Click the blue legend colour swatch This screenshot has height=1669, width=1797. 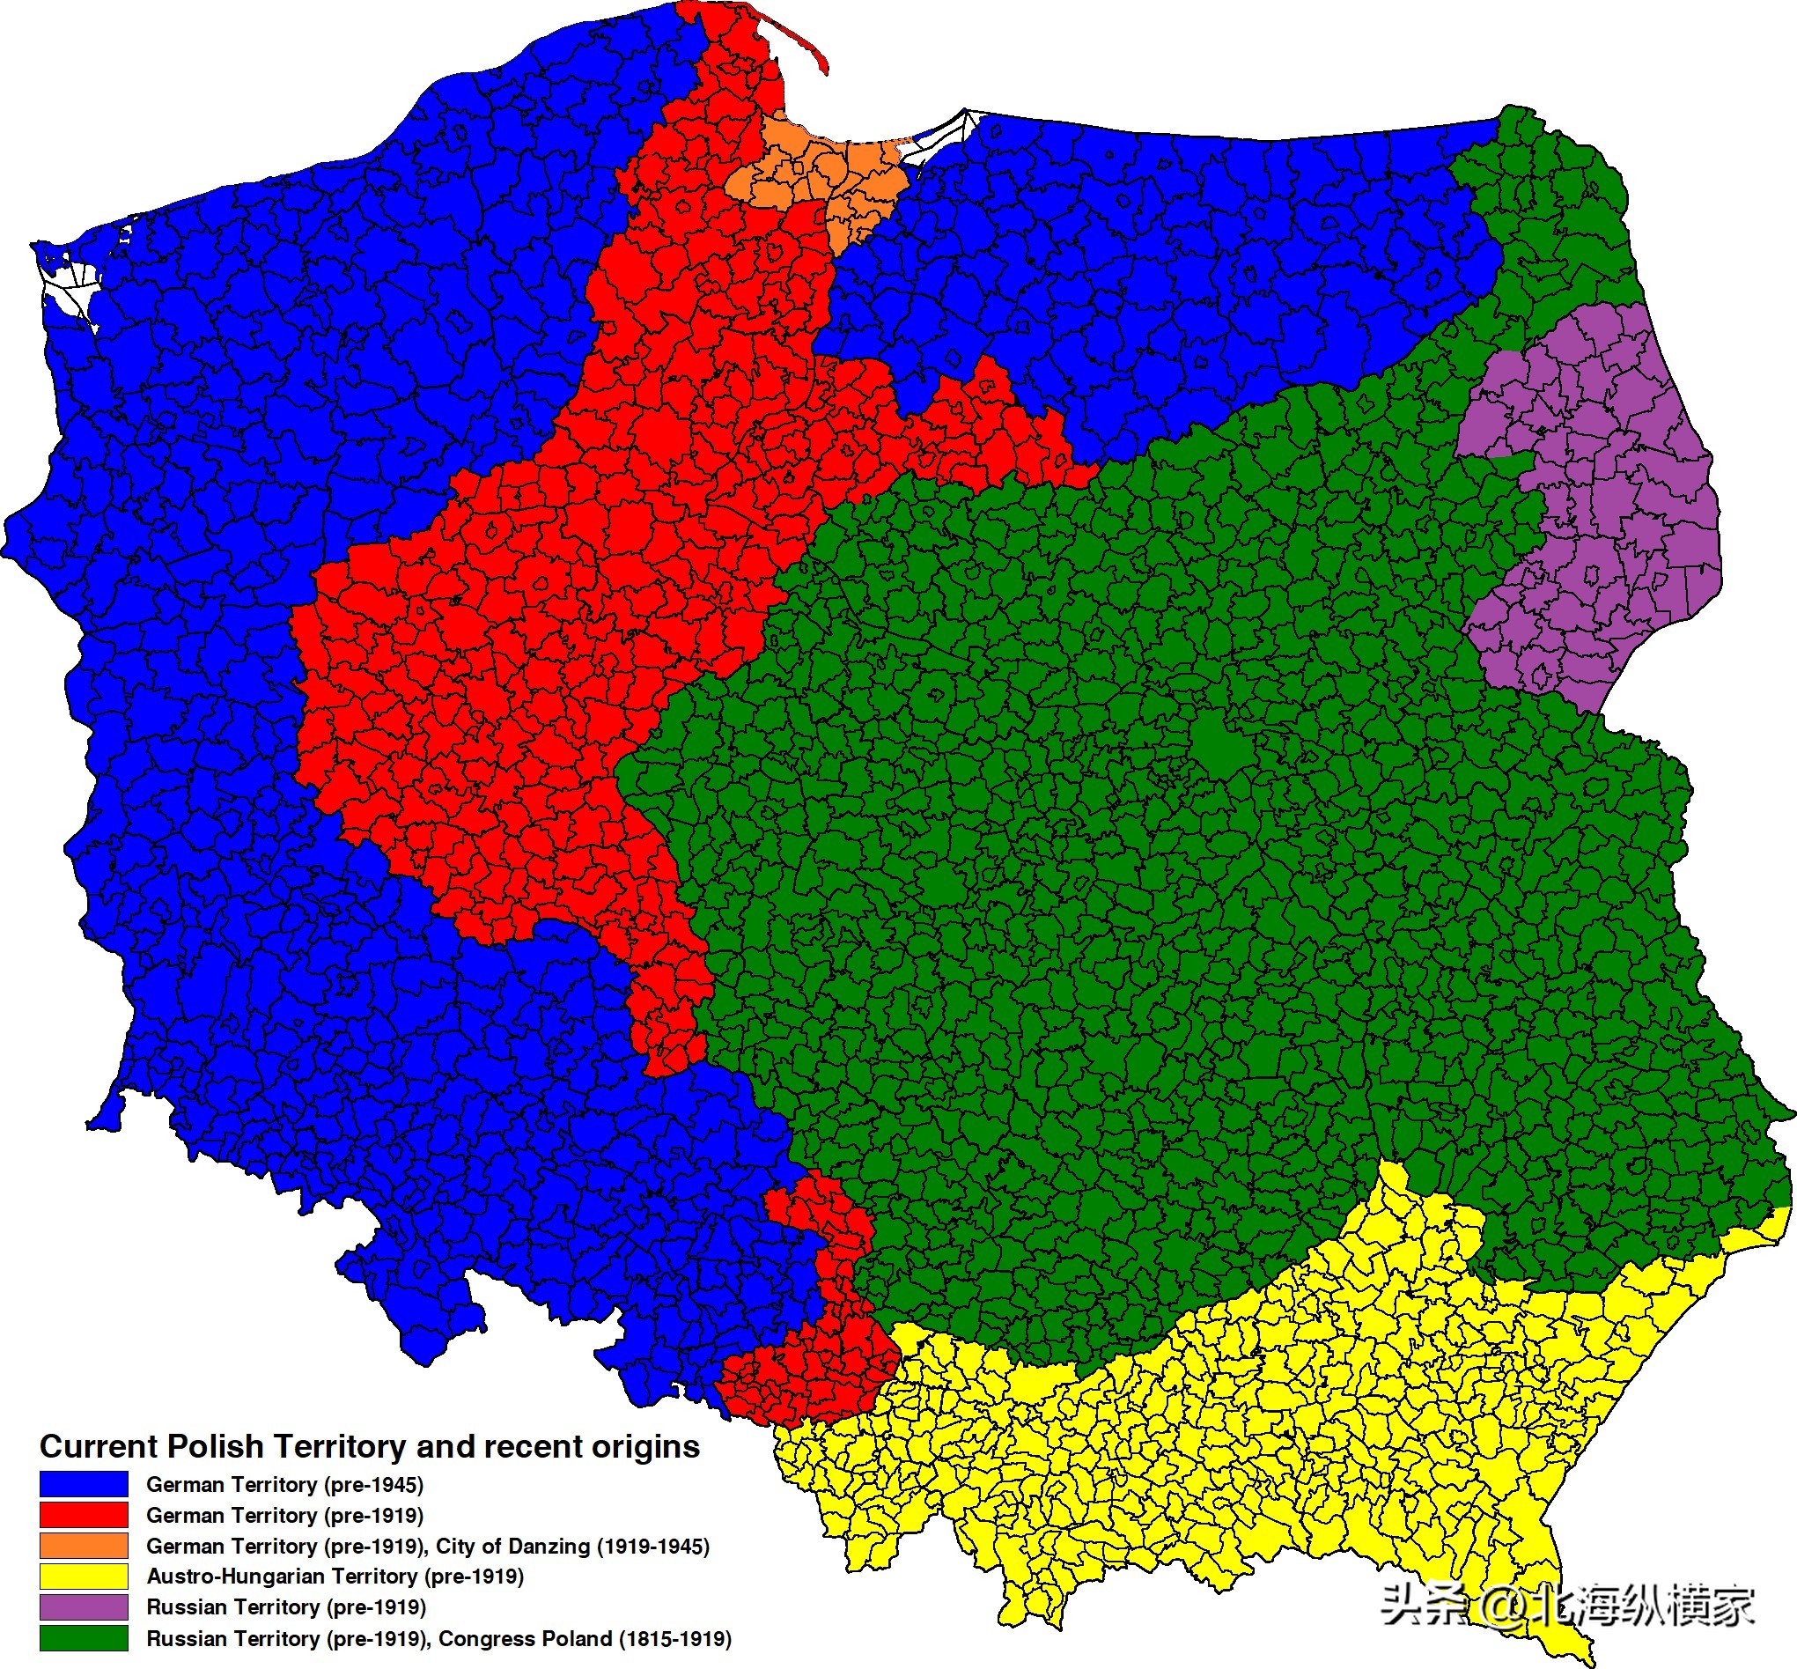pyautogui.click(x=83, y=1484)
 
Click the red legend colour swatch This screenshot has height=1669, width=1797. pyautogui.click(x=83, y=1515)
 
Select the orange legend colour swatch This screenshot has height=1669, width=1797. pyautogui.click(x=83, y=1546)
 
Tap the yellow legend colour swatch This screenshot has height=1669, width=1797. pyautogui.click(x=83, y=1576)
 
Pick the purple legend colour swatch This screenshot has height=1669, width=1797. pyautogui.click(x=83, y=1606)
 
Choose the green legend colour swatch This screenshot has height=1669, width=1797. pyautogui.click(x=83, y=1638)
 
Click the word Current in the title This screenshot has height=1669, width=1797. pyautogui.click(x=99, y=1446)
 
